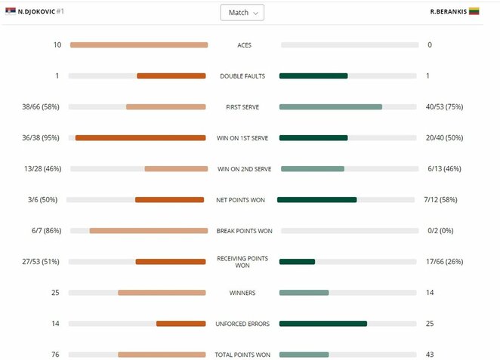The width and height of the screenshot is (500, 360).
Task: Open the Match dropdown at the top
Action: [x=242, y=13]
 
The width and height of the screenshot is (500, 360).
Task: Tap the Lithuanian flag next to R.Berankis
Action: [x=474, y=12]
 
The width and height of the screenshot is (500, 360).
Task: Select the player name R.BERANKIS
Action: [x=448, y=12]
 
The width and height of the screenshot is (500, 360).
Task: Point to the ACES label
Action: [x=244, y=45]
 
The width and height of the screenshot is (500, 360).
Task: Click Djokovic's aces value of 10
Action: [x=57, y=45]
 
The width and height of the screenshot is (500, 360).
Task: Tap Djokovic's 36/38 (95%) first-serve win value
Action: [x=42, y=138]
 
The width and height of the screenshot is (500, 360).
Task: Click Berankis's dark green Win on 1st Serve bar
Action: [x=313, y=138]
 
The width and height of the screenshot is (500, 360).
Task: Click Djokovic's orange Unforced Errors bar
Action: [x=181, y=324]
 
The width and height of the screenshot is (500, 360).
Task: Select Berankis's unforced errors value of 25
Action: [x=430, y=324]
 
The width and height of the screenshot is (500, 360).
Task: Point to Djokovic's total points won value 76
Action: [x=56, y=355]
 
